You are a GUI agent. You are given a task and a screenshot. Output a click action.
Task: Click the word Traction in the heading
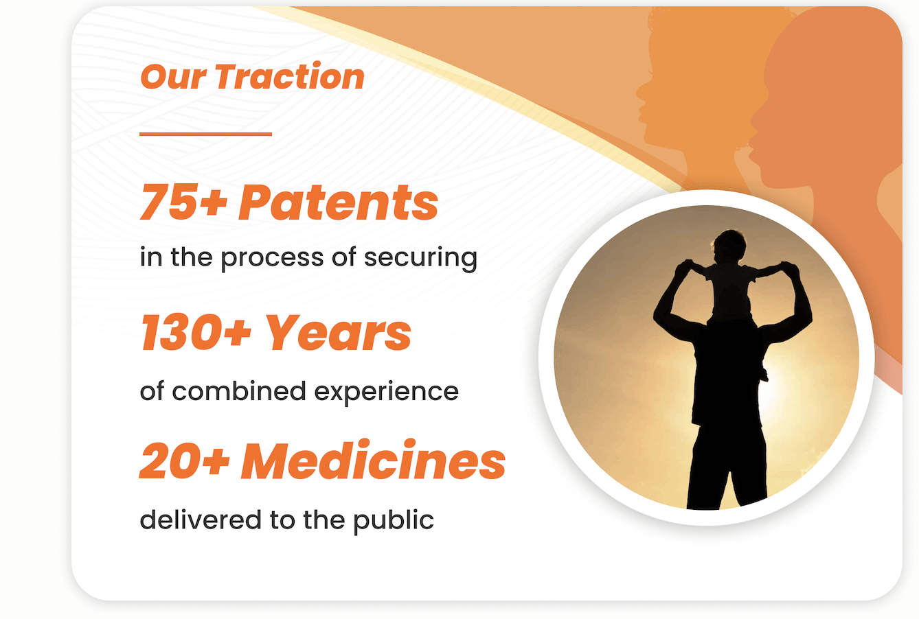(290, 76)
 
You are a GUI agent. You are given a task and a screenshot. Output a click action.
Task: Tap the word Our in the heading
(173, 77)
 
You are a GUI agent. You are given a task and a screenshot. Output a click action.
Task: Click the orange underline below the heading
(205, 134)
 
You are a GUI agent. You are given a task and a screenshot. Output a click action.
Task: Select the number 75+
(183, 202)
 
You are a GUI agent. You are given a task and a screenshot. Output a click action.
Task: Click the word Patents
(339, 202)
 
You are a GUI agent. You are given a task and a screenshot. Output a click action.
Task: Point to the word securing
(420, 258)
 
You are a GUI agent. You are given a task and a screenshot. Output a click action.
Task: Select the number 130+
(196, 332)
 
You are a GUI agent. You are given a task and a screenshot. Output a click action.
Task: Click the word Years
(339, 332)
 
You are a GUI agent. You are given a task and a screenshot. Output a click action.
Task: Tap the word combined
(239, 390)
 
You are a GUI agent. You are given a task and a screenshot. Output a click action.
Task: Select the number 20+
(185, 460)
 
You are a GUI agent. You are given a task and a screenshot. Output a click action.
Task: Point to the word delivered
(201, 519)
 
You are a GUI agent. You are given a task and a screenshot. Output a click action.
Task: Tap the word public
(394, 521)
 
